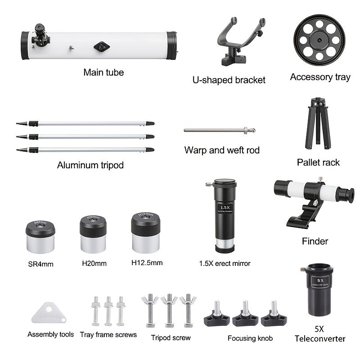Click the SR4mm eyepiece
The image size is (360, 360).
tap(40, 237)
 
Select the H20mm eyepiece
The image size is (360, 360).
tap(93, 234)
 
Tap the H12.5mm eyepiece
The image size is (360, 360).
tap(145, 233)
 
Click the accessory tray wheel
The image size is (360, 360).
tap(319, 40)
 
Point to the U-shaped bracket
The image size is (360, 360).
tap(239, 41)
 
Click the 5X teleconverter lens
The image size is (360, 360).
tap(319, 290)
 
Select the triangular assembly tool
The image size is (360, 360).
tap(49, 313)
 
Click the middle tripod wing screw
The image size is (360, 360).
tap(169, 310)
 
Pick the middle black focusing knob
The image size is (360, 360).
tap(245, 314)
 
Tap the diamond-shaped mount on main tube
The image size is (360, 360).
tap(102, 47)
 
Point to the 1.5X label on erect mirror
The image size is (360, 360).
tap(225, 207)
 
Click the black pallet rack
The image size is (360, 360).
tap(318, 123)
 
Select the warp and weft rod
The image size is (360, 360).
tap(220, 130)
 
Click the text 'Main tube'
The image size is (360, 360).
tap(103, 72)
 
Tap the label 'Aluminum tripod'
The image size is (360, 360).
tap(90, 165)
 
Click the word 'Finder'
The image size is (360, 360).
tap(315, 241)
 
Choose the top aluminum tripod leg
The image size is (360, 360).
tap(85, 123)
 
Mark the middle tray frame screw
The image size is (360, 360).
tap(108, 311)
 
